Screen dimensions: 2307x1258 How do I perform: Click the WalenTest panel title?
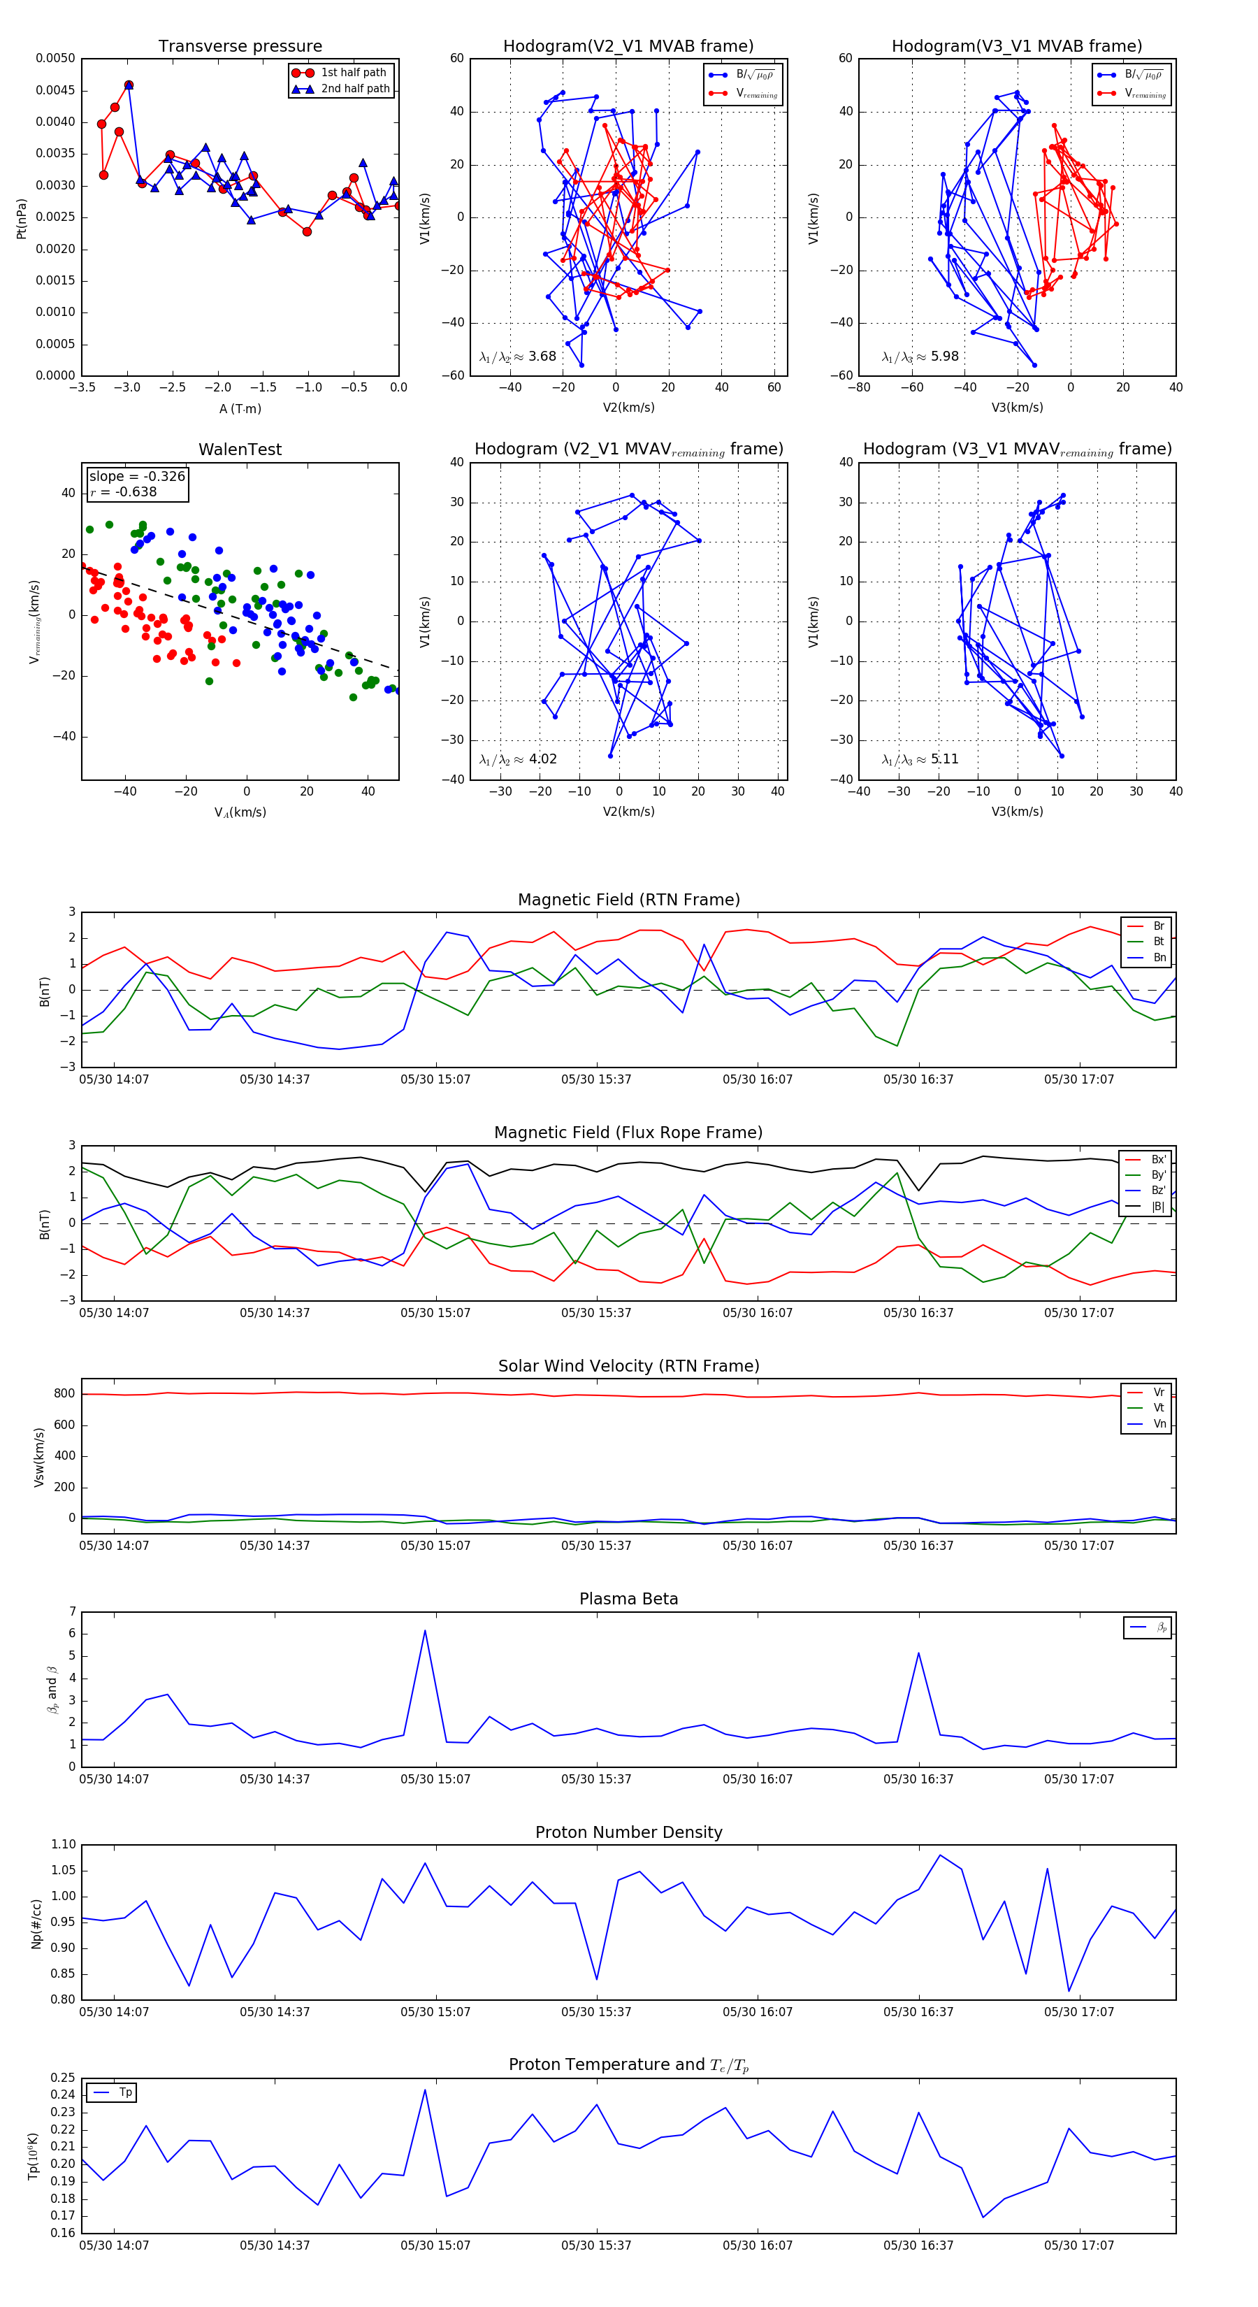click(240, 450)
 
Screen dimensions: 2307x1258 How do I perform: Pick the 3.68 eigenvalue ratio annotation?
click(517, 357)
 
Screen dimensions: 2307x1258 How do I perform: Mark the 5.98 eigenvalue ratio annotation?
click(920, 357)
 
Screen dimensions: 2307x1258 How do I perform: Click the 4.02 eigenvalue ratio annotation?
click(517, 759)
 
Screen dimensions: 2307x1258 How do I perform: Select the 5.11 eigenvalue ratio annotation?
click(920, 759)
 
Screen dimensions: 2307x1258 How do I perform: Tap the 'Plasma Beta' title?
click(628, 1599)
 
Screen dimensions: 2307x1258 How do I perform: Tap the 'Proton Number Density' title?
click(628, 1832)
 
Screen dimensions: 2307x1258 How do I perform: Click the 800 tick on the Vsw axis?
click(64, 1393)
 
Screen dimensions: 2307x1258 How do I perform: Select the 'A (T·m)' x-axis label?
click(240, 408)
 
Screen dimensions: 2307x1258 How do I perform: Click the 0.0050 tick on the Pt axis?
click(55, 58)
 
